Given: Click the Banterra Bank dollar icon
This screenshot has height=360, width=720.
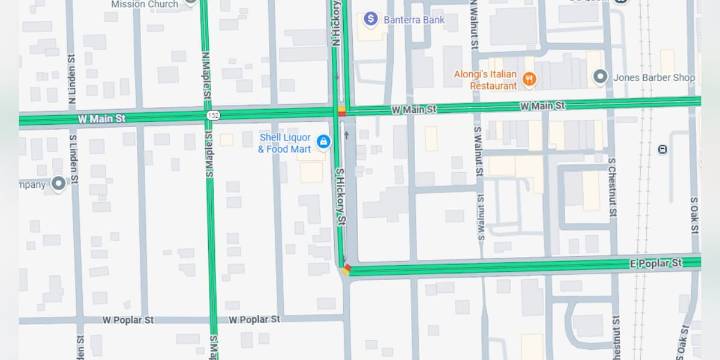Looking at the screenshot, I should click(370, 18).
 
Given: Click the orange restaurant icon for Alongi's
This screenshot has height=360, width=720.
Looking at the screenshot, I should click(530, 79).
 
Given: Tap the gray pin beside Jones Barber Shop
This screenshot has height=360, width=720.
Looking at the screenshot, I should click(600, 77).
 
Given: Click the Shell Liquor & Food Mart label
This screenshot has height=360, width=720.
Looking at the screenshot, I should click(285, 143).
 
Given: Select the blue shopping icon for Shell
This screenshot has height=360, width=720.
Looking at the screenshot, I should click(323, 141).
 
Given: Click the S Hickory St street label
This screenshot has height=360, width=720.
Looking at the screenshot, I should click(340, 195).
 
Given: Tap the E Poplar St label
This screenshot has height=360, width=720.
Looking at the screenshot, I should click(656, 262).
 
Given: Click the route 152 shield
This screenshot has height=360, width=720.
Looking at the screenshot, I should click(214, 116).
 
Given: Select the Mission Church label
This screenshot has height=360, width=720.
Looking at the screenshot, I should click(144, 4).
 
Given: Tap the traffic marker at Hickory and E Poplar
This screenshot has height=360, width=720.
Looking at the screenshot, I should click(346, 268).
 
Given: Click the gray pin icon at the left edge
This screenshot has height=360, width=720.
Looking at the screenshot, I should click(59, 183).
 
